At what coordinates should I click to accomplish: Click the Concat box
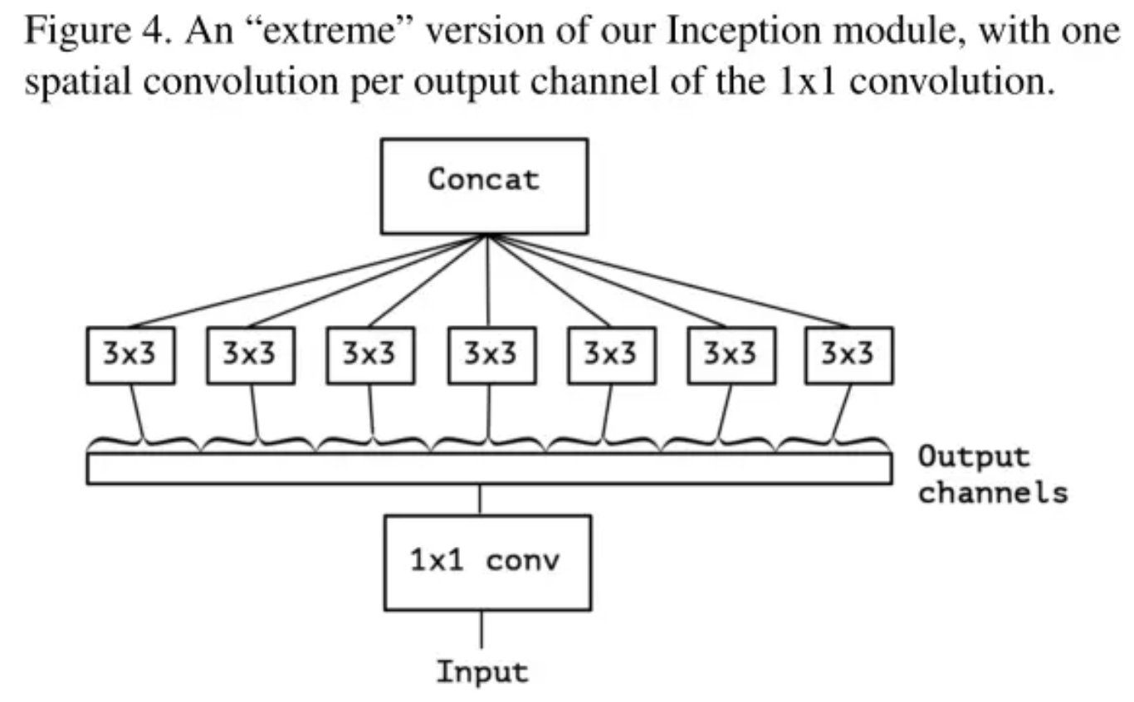coord(484,185)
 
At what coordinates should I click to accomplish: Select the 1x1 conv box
coord(486,562)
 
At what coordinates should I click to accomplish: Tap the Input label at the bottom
coord(482,670)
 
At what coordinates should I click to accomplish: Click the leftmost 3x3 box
coord(130,355)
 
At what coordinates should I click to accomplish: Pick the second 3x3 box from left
coord(251,355)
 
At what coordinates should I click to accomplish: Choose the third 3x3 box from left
coord(371,355)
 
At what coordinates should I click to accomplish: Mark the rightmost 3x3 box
coord(848,355)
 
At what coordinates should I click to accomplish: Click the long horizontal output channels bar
coord(490,468)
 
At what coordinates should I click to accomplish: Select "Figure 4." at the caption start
coord(97,34)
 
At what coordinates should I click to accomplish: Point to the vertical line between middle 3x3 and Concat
coord(487,282)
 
